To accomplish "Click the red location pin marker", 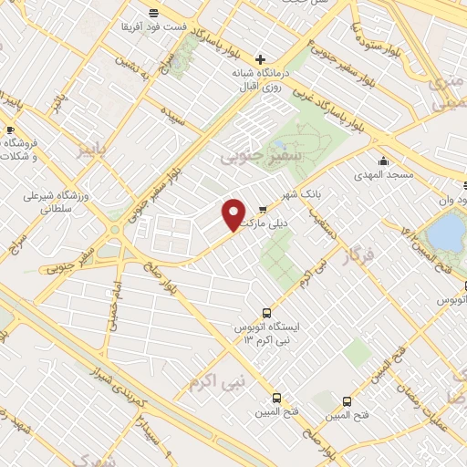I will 233,213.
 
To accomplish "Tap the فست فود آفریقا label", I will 154,26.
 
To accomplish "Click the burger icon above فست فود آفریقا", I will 153,11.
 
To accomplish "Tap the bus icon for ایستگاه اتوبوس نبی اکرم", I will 265,310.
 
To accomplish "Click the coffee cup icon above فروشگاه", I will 10,129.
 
